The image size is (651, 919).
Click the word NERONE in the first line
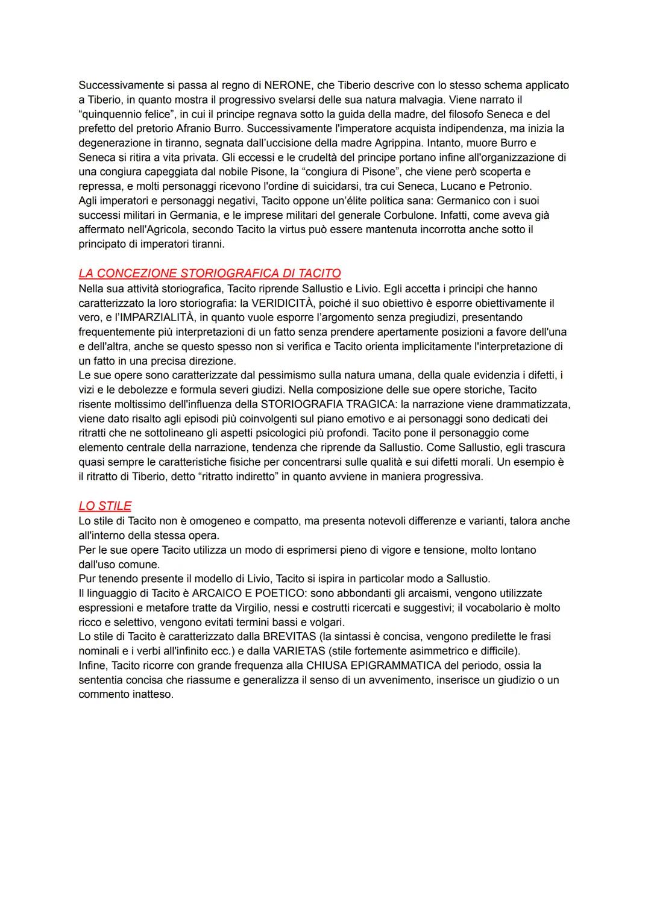click(x=288, y=86)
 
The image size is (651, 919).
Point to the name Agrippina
click(x=385, y=143)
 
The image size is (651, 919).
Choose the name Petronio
click(x=509, y=186)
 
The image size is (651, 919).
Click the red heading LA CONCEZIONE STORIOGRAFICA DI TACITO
click(x=210, y=274)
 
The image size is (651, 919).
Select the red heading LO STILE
click(x=105, y=506)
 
